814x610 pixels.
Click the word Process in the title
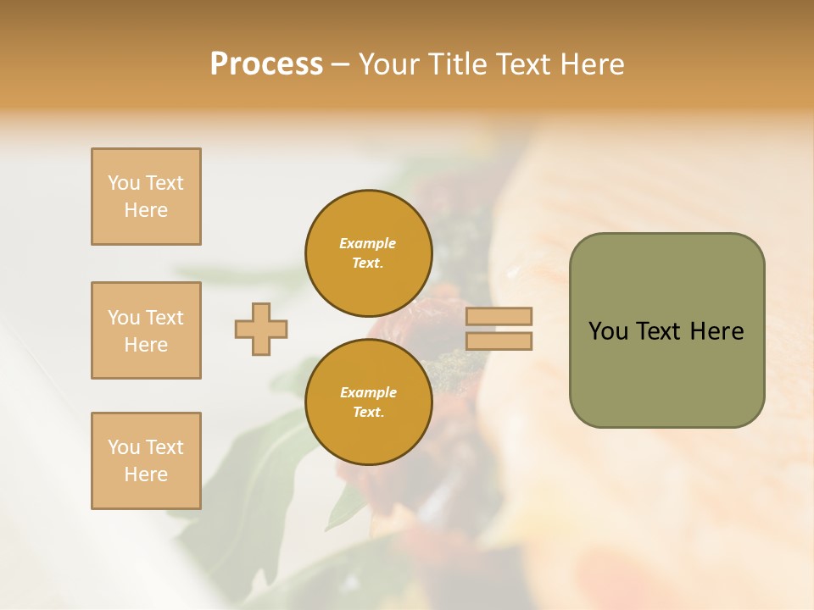point(266,64)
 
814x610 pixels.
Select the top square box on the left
point(146,197)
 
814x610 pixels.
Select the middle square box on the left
point(146,330)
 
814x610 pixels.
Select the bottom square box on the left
point(146,461)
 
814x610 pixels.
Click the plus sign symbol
point(261,329)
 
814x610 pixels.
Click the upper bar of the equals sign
point(499,316)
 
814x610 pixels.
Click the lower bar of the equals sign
point(499,341)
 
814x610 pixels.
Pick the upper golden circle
point(369,252)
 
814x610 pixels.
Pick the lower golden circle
point(369,402)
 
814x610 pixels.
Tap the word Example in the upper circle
point(368,243)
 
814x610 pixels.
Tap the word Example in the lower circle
point(368,392)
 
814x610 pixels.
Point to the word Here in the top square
point(146,210)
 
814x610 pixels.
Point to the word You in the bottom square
point(124,447)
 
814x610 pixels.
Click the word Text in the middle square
point(164,318)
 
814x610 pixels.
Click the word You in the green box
point(608,331)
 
